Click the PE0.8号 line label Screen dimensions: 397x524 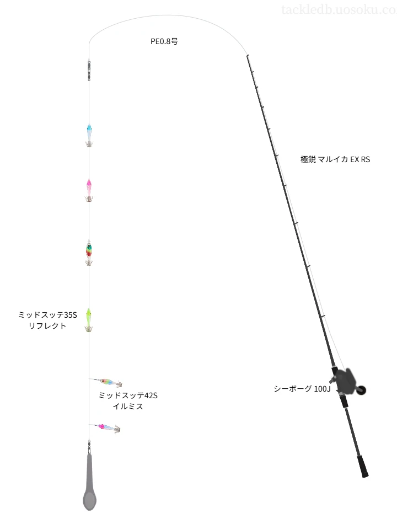(164, 41)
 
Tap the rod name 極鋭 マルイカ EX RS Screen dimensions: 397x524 (335, 159)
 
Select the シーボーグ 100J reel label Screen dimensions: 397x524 (302, 389)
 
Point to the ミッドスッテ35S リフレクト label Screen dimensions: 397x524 (47, 320)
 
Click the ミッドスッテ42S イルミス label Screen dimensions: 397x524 (128, 400)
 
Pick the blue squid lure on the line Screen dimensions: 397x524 (89, 135)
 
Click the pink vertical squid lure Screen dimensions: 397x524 (89, 190)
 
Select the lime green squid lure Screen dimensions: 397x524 (89, 320)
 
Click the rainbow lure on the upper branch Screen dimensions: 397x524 (108, 382)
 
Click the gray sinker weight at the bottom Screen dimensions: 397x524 (89, 482)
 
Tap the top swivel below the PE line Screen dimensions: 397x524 (89, 71)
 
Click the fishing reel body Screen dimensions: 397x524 (344, 380)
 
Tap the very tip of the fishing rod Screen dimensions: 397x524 (247, 56)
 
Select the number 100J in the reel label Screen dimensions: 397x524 (323, 389)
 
